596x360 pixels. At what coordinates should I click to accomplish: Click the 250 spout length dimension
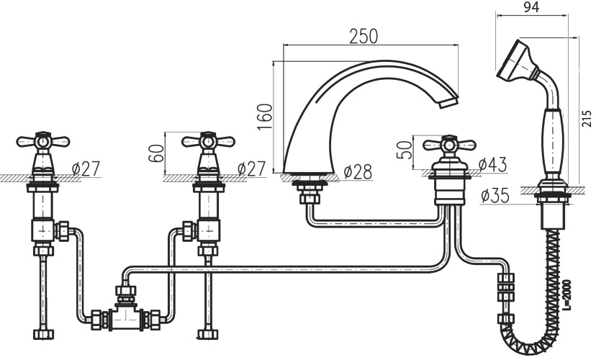(x=364, y=37)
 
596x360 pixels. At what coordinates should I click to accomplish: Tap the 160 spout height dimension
(x=265, y=117)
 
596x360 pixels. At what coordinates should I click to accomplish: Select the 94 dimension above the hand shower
(x=531, y=7)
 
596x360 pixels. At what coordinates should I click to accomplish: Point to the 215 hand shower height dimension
(x=587, y=118)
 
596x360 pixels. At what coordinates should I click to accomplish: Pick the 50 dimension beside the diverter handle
(x=404, y=150)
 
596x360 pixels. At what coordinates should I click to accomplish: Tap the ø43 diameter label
(x=493, y=164)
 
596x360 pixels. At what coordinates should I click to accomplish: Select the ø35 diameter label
(x=495, y=195)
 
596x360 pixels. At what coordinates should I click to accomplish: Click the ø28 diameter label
(x=358, y=172)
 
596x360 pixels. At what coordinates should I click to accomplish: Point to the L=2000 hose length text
(x=566, y=295)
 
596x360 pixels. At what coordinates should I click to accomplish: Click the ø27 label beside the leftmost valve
(x=86, y=168)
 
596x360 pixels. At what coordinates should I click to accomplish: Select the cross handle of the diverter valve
(x=450, y=145)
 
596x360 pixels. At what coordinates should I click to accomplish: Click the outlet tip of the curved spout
(x=449, y=103)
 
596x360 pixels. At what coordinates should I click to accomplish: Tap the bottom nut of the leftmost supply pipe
(x=43, y=335)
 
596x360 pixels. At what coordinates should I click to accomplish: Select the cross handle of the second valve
(x=208, y=142)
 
